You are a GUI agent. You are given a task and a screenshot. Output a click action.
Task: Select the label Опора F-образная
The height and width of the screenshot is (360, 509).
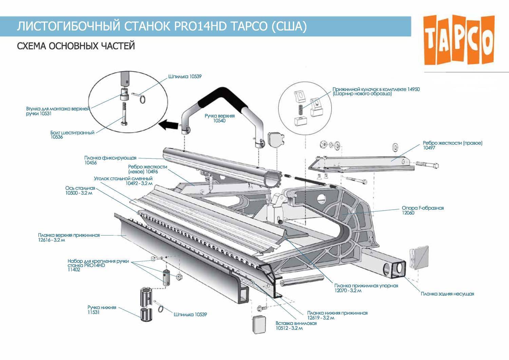click(x=422, y=208)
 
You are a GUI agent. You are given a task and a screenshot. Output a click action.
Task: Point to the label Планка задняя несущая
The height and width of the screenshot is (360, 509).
click(x=447, y=294)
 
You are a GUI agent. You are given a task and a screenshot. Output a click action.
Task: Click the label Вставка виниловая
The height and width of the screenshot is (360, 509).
click(x=296, y=323)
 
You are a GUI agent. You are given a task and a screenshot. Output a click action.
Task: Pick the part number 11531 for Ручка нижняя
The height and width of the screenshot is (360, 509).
click(x=93, y=312)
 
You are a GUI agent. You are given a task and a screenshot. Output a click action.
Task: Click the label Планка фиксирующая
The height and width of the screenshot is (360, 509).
click(x=110, y=158)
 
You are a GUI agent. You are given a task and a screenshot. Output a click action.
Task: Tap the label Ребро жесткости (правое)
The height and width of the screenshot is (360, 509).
click(x=452, y=143)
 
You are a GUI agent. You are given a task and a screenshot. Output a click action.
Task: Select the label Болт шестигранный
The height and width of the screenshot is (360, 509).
click(x=72, y=133)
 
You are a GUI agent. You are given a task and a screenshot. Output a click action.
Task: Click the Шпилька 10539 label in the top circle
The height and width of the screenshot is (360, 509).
click(x=185, y=77)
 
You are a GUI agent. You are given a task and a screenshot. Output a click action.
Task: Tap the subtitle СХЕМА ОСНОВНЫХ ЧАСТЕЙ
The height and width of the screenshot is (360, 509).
click(x=76, y=46)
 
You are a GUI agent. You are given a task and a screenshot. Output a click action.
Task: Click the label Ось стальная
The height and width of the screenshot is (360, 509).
click(x=80, y=188)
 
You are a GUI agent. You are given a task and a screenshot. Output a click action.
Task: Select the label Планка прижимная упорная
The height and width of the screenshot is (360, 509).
click(x=366, y=286)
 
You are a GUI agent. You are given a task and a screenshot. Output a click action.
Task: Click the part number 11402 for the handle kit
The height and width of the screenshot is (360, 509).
click(x=74, y=270)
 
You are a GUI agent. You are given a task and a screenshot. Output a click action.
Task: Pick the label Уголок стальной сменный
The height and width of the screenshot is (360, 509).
click(x=123, y=178)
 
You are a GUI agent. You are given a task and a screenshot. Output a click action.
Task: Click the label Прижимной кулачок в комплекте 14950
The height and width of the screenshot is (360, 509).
click(x=376, y=89)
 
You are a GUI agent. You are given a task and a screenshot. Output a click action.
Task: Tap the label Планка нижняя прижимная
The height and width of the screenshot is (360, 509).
click(x=337, y=313)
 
